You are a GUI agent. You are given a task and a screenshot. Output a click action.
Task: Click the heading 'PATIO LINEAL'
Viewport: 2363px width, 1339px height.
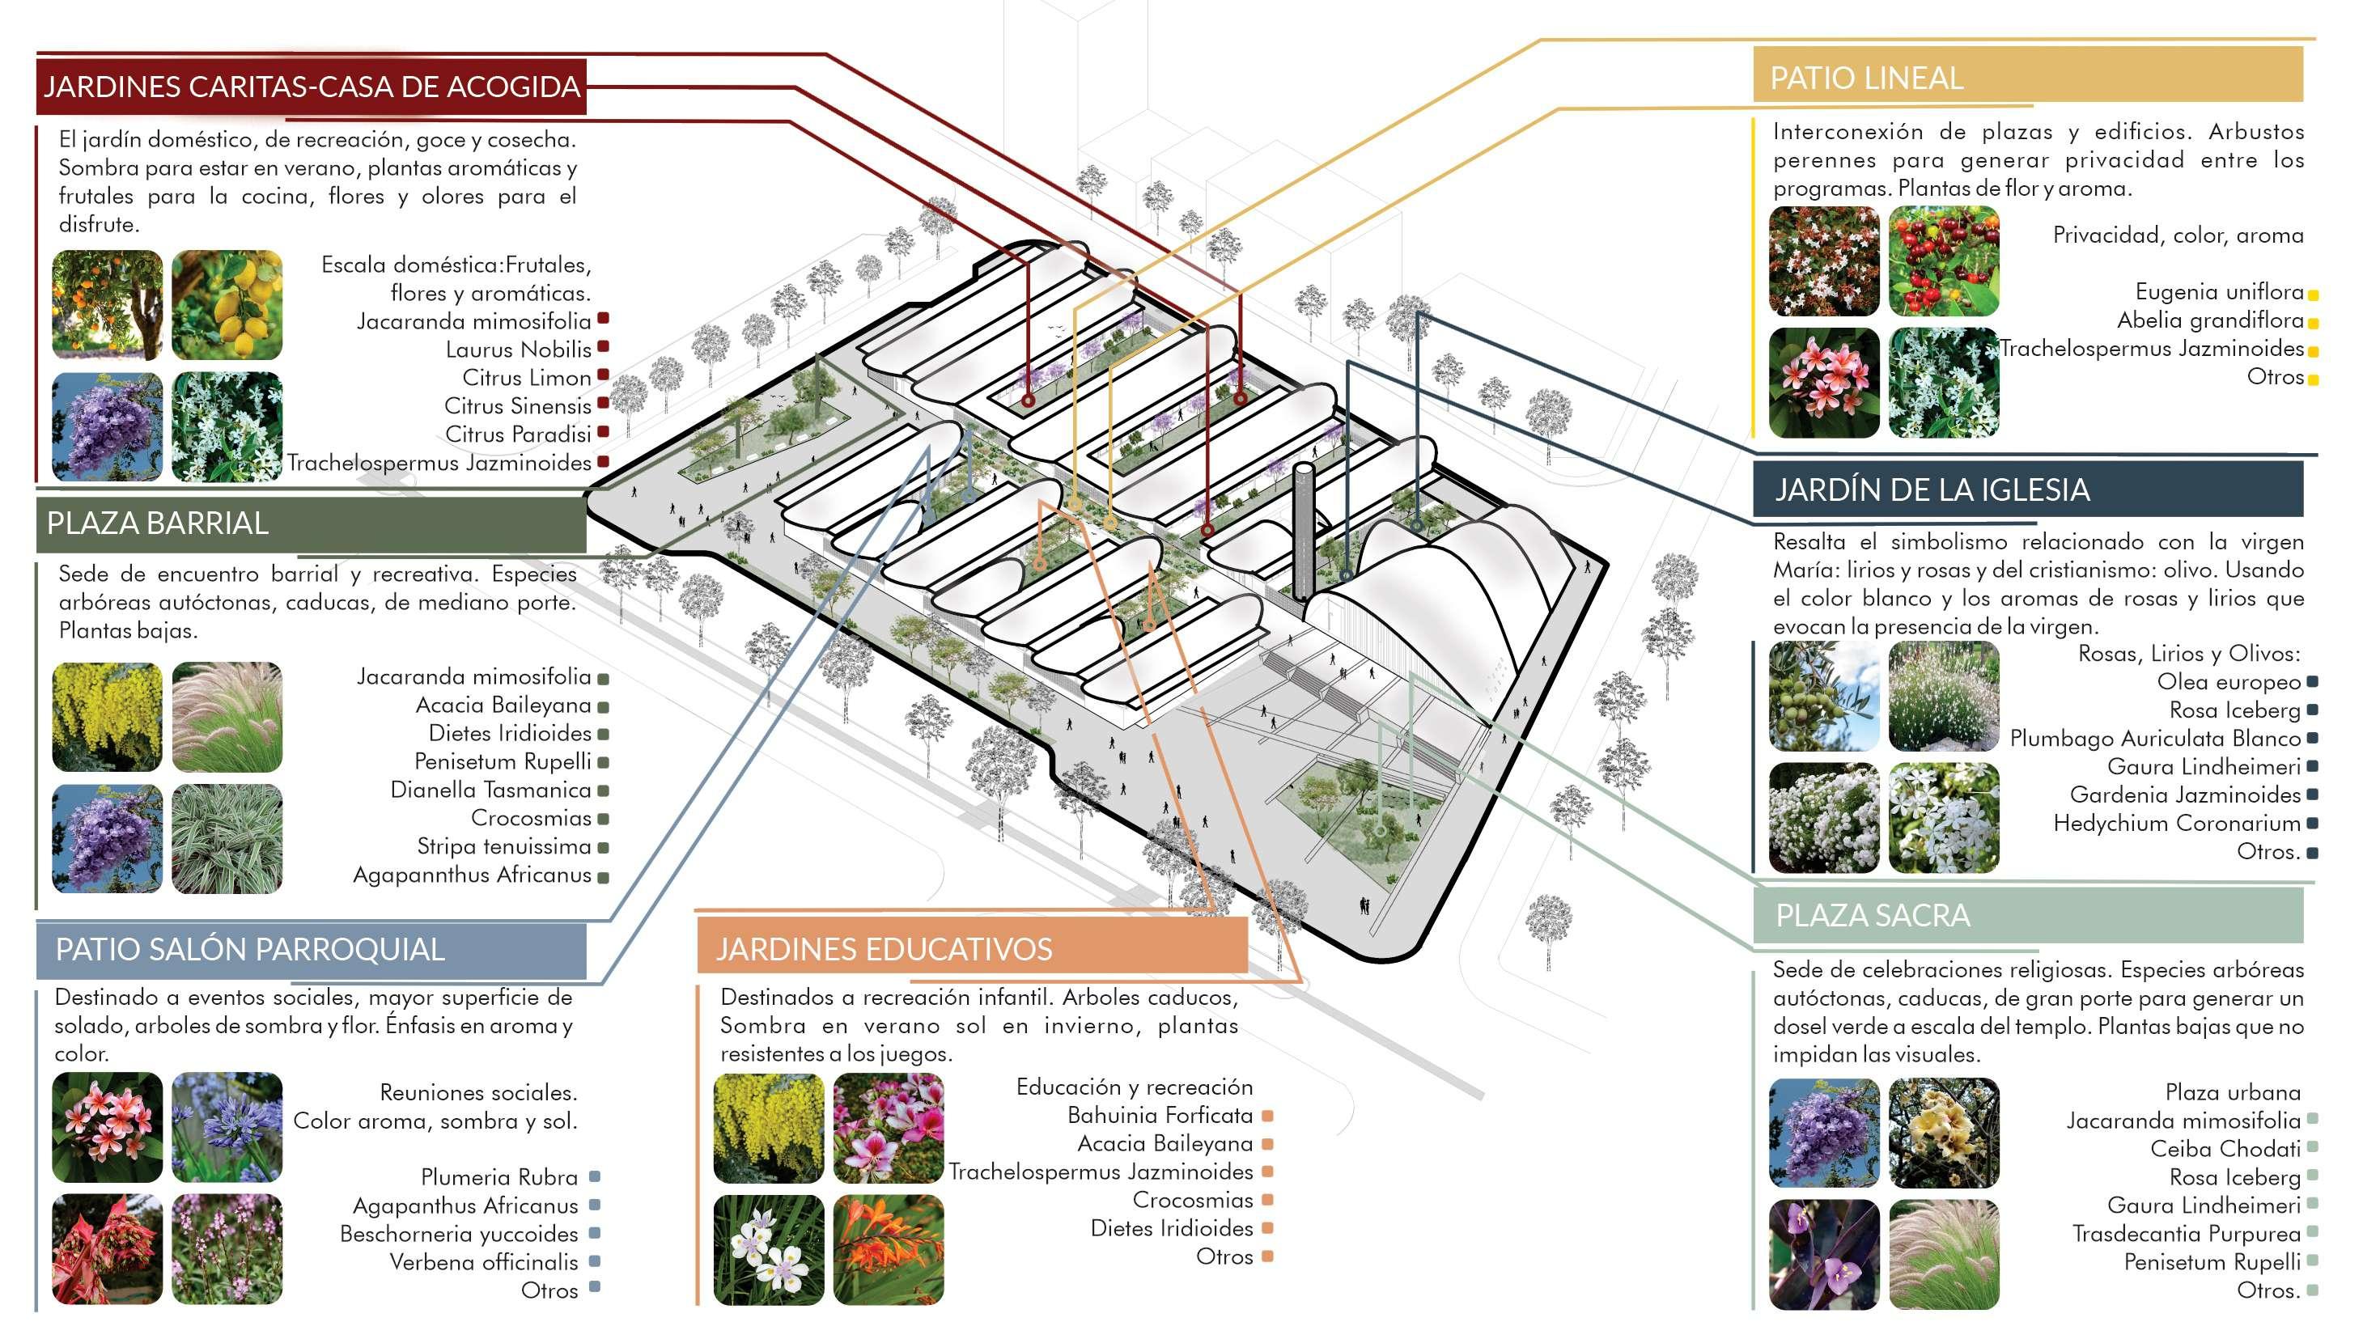(1865, 78)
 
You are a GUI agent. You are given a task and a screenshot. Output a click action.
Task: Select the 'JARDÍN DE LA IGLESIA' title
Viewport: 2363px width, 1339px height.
(1932, 489)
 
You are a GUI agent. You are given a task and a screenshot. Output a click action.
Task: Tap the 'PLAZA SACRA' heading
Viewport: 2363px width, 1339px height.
(1872, 915)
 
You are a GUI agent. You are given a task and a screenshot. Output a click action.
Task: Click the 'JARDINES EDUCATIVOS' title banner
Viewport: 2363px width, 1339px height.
(883, 948)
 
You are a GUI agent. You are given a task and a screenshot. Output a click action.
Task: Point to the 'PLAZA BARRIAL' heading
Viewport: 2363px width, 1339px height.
(157, 523)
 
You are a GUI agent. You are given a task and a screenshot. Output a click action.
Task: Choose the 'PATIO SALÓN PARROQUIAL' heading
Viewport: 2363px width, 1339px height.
(249, 948)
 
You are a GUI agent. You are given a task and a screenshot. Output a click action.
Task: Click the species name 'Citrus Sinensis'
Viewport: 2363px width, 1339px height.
(517, 405)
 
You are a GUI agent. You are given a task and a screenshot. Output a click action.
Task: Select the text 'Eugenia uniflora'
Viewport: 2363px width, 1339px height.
(2219, 291)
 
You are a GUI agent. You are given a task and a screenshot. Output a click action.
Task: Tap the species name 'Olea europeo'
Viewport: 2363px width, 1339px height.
(2228, 681)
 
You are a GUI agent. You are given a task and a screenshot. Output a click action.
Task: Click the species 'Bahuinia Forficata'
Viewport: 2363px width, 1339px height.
(1159, 1116)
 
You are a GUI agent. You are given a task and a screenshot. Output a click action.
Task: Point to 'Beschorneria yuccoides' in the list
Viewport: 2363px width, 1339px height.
(458, 1233)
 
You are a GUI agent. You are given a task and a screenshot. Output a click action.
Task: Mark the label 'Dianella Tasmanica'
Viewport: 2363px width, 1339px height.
(490, 790)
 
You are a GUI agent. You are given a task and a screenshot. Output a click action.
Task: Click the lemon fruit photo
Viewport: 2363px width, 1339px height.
(227, 305)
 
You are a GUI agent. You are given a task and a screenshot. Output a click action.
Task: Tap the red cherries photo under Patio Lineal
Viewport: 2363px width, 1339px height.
(1943, 261)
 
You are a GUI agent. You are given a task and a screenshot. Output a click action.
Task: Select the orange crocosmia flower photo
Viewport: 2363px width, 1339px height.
(888, 1249)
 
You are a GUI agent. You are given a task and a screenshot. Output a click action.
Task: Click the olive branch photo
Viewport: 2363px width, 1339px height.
(1823, 696)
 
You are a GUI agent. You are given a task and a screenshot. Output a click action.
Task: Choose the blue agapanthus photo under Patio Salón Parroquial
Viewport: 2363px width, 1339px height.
(227, 1128)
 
